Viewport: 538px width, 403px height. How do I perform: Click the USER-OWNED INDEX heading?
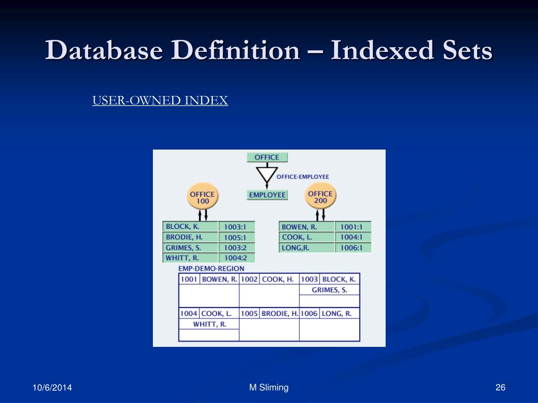pos(160,101)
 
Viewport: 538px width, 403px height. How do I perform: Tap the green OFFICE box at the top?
pos(267,157)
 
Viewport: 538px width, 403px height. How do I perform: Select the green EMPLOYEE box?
pos(267,195)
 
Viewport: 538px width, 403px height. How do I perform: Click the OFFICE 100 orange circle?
pos(202,197)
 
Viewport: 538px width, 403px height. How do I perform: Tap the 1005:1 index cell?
pos(235,237)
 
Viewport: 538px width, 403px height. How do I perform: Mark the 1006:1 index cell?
pos(352,248)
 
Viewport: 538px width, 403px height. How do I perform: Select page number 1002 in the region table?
pos(249,279)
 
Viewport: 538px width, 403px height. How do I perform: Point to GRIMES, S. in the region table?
pos(329,290)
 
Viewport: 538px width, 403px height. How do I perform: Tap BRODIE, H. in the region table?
pos(280,313)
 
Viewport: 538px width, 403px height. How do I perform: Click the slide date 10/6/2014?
pos(52,388)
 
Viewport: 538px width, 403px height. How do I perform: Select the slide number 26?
pos(500,388)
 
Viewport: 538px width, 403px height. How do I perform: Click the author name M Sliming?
pos(269,388)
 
